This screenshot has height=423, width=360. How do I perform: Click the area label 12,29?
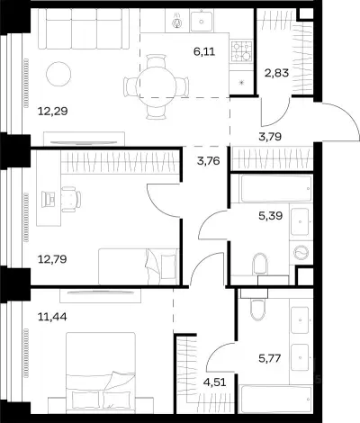pyautogui.click(x=53, y=112)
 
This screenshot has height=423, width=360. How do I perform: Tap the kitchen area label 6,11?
pyautogui.click(x=204, y=51)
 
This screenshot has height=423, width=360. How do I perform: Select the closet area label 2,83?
pyautogui.click(x=276, y=73)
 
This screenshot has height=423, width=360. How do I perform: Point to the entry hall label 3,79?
pyautogui.click(x=270, y=137)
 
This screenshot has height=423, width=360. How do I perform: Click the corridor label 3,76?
pyautogui.click(x=209, y=161)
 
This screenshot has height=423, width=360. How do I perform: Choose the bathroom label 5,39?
pyautogui.click(x=270, y=215)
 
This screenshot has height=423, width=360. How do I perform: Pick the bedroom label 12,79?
pyautogui.click(x=52, y=258)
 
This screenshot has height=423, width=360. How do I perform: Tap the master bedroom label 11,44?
pyautogui.click(x=52, y=316)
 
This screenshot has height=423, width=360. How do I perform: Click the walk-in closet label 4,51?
pyautogui.click(x=214, y=382)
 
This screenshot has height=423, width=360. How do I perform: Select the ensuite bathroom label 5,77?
pyautogui.click(x=270, y=358)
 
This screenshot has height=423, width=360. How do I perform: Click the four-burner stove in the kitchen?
pyautogui.click(x=241, y=51)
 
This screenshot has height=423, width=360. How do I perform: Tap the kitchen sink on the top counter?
pyautogui.click(x=202, y=21)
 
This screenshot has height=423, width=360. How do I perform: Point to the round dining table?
pyautogui.click(x=156, y=86)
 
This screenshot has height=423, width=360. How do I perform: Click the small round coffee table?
pyautogui.click(x=58, y=74)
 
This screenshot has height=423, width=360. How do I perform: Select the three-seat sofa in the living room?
pyautogui.click(x=85, y=29)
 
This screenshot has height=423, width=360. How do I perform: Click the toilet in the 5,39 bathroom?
pyautogui.click(x=260, y=264)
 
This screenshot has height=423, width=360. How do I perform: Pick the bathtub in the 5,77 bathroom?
pyautogui.click(x=276, y=399)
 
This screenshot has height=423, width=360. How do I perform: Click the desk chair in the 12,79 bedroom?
pyautogui.click(x=71, y=199)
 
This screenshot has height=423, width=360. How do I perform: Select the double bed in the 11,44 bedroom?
pyautogui.click(x=101, y=371)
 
